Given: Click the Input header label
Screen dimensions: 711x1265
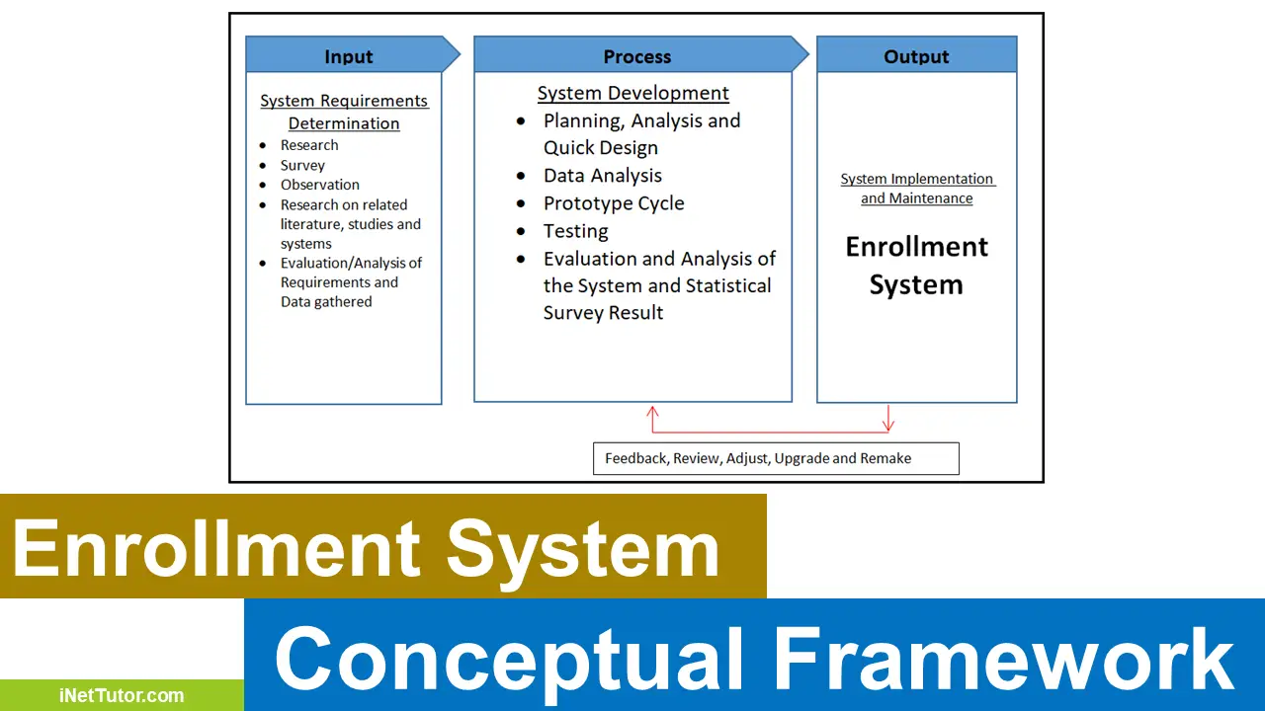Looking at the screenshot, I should click(x=349, y=56).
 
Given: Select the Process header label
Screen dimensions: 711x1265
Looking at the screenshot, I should click(x=637, y=56).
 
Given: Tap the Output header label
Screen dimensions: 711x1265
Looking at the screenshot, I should click(x=916, y=56).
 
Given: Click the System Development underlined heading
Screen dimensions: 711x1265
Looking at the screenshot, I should click(x=633, y=94).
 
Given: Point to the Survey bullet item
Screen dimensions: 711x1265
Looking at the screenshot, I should click(x=302, y=165).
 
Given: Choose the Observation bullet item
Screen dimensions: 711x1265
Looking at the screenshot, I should click(x=320, y=185).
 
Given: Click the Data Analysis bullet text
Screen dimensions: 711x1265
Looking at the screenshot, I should click(x=603, y=176).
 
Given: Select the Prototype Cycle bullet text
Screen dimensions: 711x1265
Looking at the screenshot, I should click(x=614, y=203).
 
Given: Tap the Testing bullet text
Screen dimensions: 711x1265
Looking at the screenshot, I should click(x=576, y=231).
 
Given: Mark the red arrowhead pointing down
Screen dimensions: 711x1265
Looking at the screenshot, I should click(x=888, y=426).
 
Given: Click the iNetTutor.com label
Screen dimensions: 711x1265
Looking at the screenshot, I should click(x=122, y=695).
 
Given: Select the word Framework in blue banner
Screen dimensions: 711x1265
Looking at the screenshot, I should click(x=1003, y=659).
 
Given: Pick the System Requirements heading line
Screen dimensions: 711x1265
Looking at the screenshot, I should click(x=344, y=101).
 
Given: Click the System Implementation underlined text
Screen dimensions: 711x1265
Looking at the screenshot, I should click(x=917, y=179).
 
